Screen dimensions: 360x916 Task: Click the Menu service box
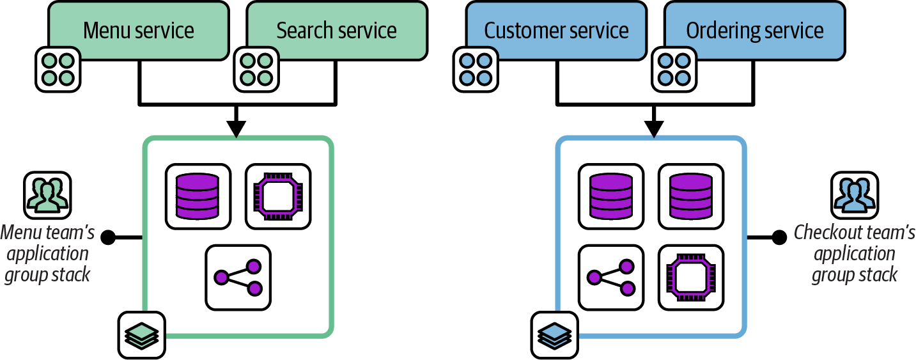[x=138, y=31]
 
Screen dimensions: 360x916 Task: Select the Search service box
[x=337, y=31]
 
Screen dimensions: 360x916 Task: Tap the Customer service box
[x=556, y=31]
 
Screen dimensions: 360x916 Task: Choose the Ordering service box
[x=755, y=31]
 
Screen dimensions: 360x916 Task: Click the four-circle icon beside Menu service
[x=58, y=69]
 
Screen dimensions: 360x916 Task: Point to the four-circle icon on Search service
[x=256, y=69]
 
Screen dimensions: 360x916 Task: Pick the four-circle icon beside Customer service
[x=476, y=69]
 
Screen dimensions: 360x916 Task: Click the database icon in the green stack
[x=198, y=196]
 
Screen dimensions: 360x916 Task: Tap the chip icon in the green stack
[x=278, y=196]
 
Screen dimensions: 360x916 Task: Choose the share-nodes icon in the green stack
[x=238, y=278]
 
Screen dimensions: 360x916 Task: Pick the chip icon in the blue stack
[x=691, y=278]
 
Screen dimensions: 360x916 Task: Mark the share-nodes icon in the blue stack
[x=610, y=278]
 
